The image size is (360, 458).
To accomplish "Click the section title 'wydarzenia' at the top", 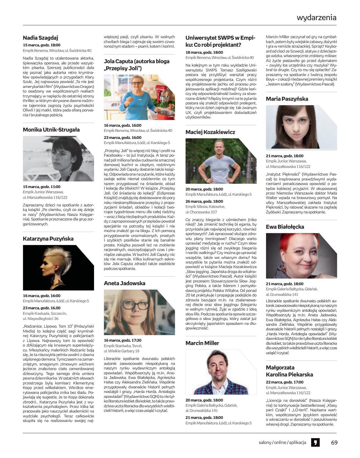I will [317, 17].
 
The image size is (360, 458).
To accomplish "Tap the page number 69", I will [334, 442].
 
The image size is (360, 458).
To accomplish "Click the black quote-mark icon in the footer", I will [315, 442].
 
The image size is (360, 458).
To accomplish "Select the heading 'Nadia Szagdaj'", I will [41, 38].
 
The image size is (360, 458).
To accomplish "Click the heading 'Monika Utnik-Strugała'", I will [51, 130].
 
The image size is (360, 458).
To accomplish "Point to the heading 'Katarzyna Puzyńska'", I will [48, 239].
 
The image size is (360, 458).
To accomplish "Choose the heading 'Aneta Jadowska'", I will [125, 283].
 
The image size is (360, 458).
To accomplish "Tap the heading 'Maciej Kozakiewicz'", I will [210, 132].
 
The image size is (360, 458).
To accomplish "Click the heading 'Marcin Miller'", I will [202, 343].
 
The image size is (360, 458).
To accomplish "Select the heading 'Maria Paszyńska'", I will [287, 99].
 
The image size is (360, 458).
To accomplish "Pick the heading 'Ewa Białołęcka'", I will [285, 227].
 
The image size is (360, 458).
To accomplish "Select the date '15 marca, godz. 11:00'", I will [42, 187].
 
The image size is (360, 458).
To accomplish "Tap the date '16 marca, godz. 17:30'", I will [123, 340].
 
